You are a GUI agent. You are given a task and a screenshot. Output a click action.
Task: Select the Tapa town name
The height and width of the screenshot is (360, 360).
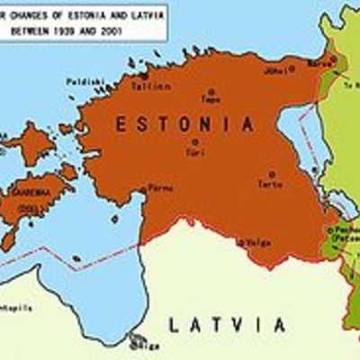pos(211,101)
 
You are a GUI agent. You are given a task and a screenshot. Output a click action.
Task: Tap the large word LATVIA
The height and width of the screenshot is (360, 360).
pos(227,325)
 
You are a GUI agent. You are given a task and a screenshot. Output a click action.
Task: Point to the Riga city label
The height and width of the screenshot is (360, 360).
pos(148,346)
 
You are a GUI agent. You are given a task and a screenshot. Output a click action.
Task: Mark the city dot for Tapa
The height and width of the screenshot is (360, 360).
pos(211,91)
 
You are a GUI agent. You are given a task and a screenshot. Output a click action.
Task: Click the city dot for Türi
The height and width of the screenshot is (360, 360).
pos(194,142)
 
